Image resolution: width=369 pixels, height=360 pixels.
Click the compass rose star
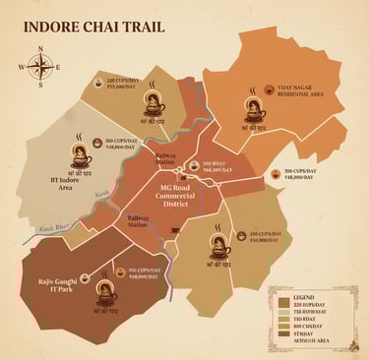pyautogui.click(x=40, y=68)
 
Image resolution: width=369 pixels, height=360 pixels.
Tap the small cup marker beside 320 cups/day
pyautogui.click(x=98, y=83)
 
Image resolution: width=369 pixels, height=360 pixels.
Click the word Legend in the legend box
pyautogui.click(x=302, y=298)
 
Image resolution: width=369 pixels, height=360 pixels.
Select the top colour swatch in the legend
pyautogui.click(x=282, y=306)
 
